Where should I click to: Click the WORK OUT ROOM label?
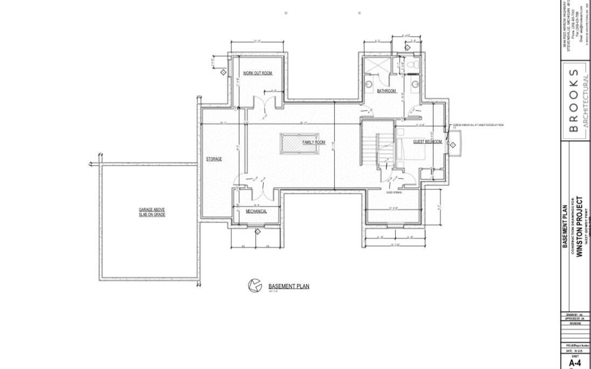tap(257, 73)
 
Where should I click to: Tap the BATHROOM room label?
tap(387, 91)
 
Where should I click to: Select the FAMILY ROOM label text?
tap(313, 142)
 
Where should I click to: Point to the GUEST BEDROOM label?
tap(427, 142)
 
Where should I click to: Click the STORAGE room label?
tap(214, 159)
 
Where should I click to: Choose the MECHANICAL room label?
tap(256, 211)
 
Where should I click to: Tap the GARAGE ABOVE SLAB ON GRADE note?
tap(152, 212)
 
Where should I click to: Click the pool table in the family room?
tap(299, 143)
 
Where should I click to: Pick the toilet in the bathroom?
tap(413, 65)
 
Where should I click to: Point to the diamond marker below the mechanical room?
tap(257, 231)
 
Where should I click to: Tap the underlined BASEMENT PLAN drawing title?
tap(288, 286)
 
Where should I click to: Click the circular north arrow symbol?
tap(255, 285)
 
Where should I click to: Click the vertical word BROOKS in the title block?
tap(574, 101)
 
